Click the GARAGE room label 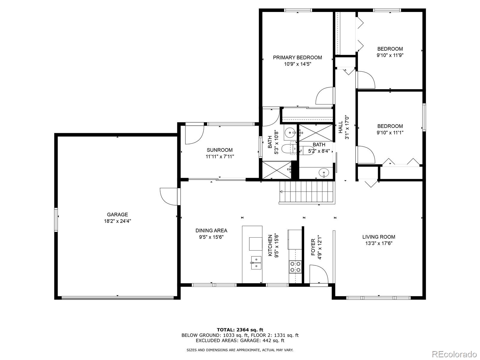point(117,214)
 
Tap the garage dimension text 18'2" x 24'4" point(117,221)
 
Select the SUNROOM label point(220,150)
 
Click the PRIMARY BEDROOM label point(297,57)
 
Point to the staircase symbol point(307,192)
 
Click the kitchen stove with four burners point(295,267)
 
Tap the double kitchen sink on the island point(256,262)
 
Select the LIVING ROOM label point(379,237)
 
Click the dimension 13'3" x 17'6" point(379,243)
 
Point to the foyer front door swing point(319,274)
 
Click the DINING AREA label point(211,230)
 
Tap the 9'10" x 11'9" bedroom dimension point(390,55)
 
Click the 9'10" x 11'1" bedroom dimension point(390,133)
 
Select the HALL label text point(340,127)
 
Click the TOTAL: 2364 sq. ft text point(240,330)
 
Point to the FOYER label point(313,247)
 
